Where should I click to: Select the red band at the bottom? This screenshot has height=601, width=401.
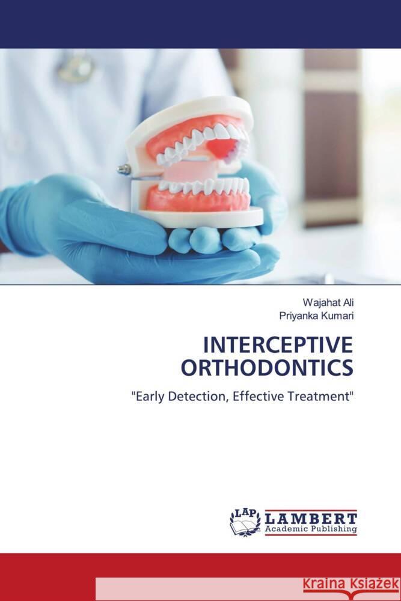tap(48, 577)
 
